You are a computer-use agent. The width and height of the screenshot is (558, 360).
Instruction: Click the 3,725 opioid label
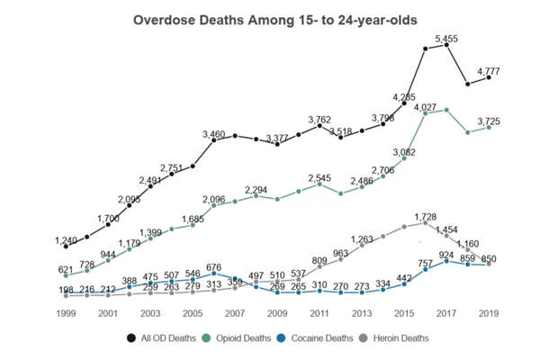489,121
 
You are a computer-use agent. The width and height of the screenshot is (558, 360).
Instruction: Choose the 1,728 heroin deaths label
426,217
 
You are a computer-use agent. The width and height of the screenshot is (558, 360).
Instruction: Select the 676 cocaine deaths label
213,267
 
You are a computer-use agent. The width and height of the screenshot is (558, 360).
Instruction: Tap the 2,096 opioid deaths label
213,199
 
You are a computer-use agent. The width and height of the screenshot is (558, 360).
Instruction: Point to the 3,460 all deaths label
213,134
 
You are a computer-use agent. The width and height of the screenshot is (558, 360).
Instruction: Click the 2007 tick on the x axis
235,313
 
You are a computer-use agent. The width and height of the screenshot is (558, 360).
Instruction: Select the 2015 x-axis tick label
404,313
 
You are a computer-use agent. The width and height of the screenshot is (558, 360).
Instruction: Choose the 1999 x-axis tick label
66,313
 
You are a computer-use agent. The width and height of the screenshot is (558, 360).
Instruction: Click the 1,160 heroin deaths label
468,244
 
